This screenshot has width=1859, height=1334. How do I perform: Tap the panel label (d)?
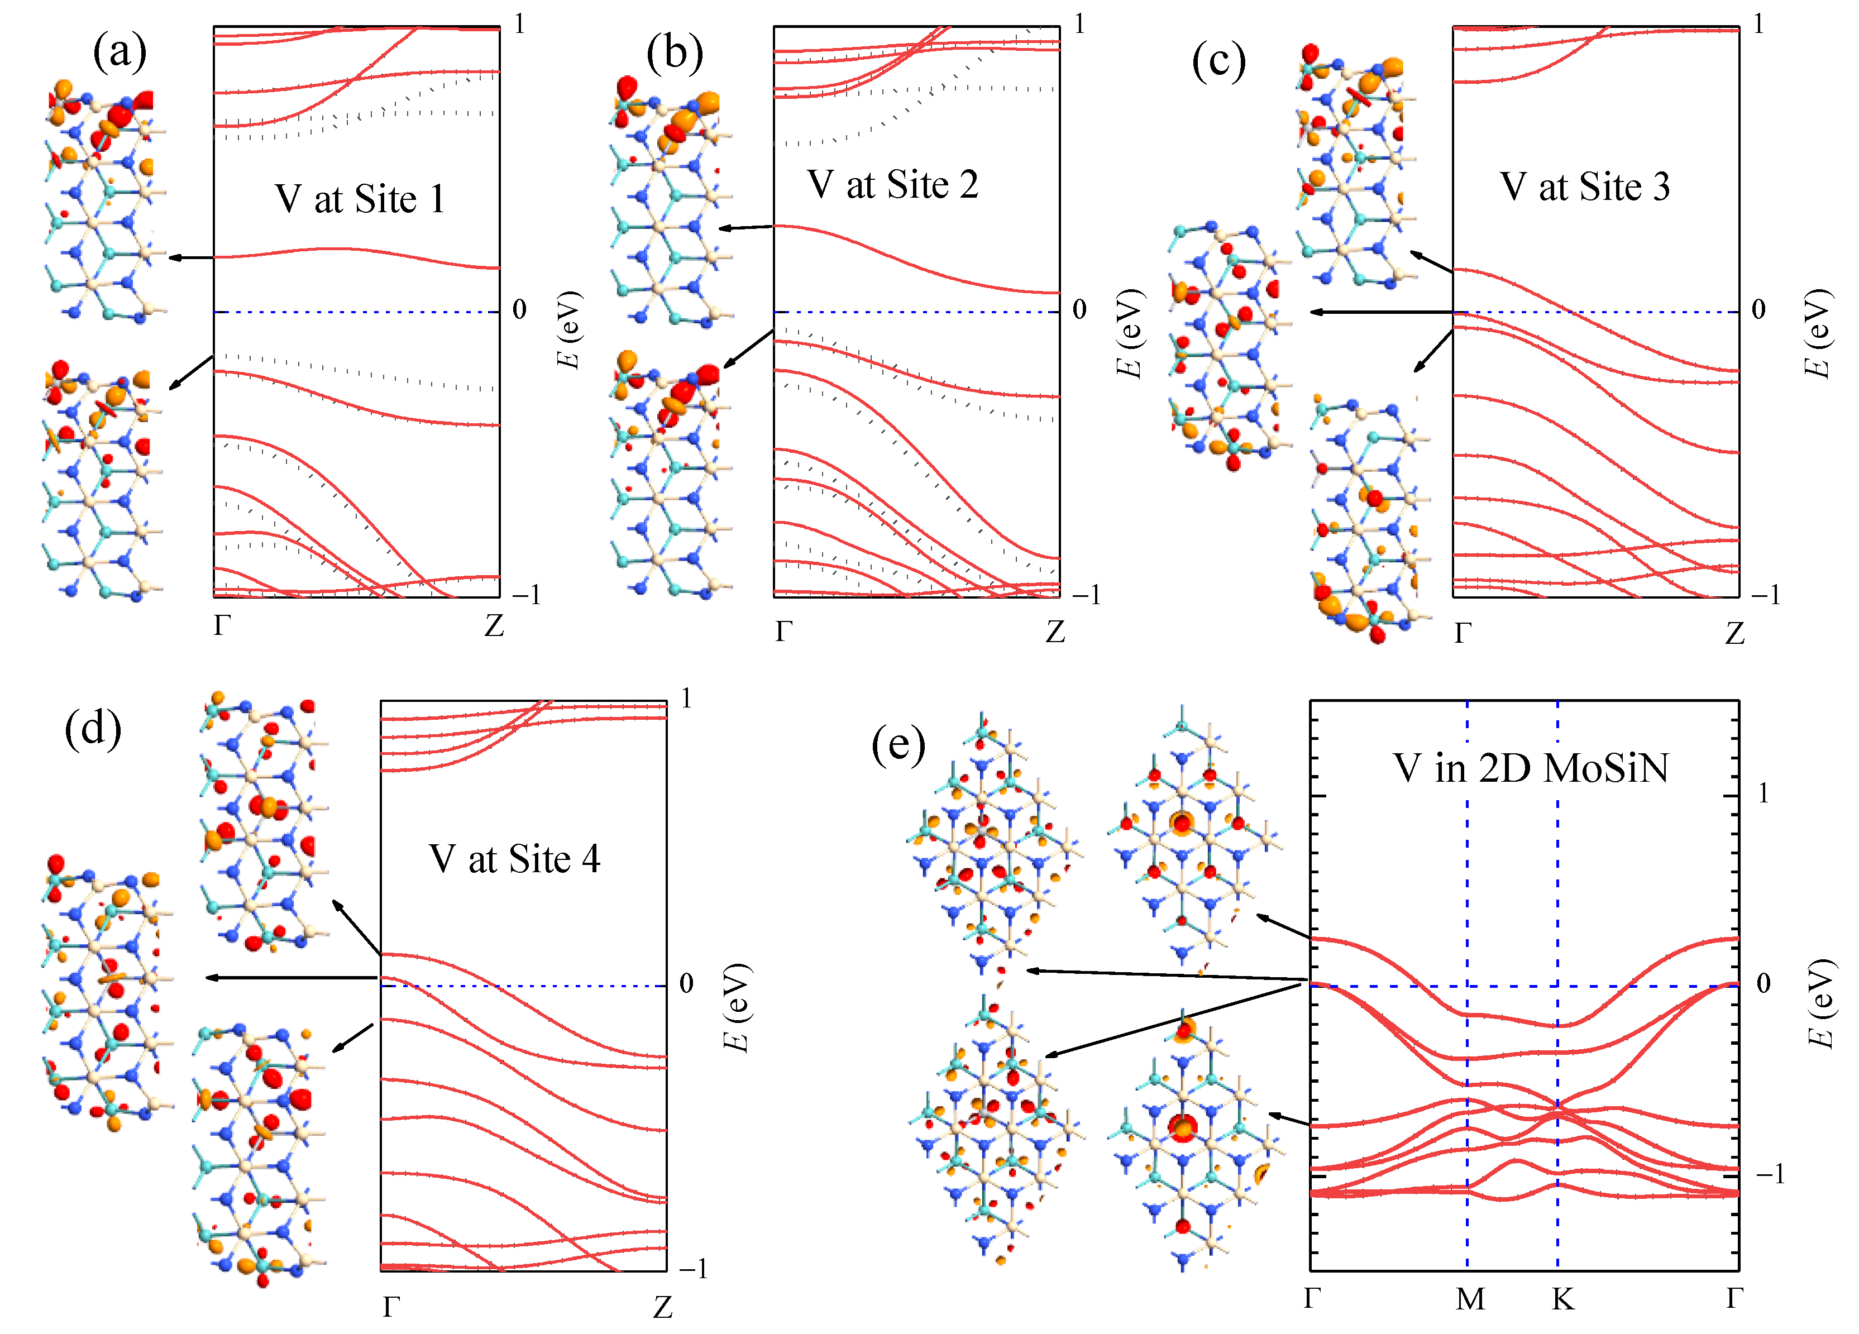click(x=93, y=728)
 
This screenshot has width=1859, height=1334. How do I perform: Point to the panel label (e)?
click(x=899, y=745)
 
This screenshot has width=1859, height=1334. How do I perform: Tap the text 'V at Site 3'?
click(x=1584, y=187)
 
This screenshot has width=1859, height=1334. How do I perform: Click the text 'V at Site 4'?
click(x=515, y=859)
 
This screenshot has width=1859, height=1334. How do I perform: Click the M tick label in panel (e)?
click(x=1470, y=1298)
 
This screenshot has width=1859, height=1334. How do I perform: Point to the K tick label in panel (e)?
click(x=1562, y=1298)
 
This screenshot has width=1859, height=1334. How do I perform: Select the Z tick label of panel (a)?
click(x=494, y=626)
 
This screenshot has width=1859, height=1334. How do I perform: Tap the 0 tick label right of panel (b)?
click(x=1079, y=310)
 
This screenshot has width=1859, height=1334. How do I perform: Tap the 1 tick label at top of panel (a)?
click(x=520, y=25)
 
